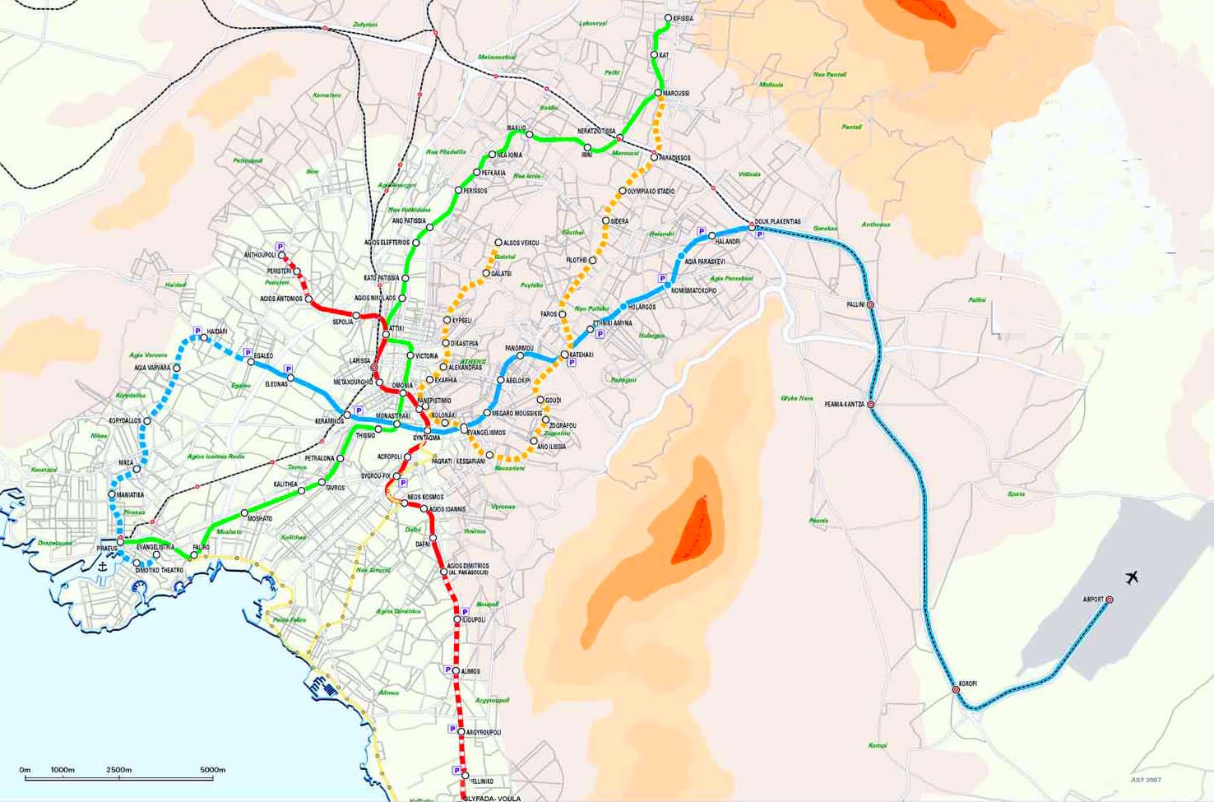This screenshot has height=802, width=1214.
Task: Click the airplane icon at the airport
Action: click(x=1132, y=577)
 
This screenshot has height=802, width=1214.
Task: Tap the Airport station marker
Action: click(x=1109, y=600)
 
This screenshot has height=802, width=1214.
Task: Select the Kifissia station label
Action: click(x=683, y=18)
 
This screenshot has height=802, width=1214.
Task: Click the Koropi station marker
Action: click(x=956, y=689)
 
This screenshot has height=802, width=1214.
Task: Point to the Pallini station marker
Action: click(x=870, y=305)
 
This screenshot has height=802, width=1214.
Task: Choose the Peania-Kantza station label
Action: click(x=845, y=405)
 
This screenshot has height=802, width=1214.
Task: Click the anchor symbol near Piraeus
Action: click(x=103, y=567)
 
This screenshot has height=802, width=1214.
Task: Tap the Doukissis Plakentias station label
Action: click(x=777, y=222)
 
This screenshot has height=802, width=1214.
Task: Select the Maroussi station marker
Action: click(x=658, y=93)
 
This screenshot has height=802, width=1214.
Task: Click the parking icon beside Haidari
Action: click(x=197, y=331)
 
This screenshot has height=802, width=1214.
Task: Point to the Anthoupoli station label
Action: click(x=259, y=255)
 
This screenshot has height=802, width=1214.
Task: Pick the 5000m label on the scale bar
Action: click(x=212, y=770)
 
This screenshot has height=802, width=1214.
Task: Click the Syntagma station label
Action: click(x=426, y=438)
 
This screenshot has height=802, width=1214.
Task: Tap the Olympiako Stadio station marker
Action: click(x=623, y=192)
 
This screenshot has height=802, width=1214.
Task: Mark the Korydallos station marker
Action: click(x=147, y=421)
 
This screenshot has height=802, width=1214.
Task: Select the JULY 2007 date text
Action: click(x=1145, y=780)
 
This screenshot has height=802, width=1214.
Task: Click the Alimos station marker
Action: click(x=456, y=671)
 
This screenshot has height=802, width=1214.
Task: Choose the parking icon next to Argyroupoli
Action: click(x=452, y=729)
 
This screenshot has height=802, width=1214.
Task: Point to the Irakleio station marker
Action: click(x=529, y=134)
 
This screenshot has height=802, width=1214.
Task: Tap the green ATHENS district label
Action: click(x=473, y=362)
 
